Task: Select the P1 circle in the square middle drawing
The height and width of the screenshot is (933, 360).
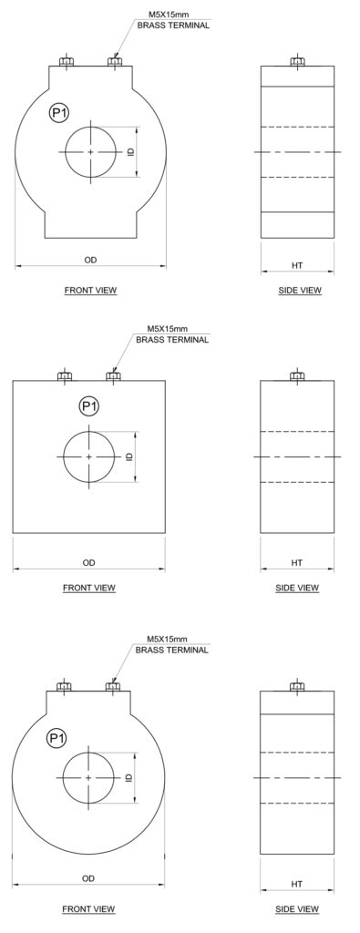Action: coord(88,407)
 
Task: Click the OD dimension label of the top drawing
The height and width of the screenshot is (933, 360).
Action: coord(90,260)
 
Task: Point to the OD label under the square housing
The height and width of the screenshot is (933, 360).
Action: coord(88,562)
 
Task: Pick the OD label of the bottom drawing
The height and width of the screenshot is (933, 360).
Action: coord(88,878)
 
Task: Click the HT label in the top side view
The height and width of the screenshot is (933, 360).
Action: coord(297,265)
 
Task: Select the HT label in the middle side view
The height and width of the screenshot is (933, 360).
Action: coord(297,562)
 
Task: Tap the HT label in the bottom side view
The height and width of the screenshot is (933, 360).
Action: coord(297,884)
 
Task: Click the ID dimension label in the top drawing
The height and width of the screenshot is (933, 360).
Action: coord(130,152)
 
